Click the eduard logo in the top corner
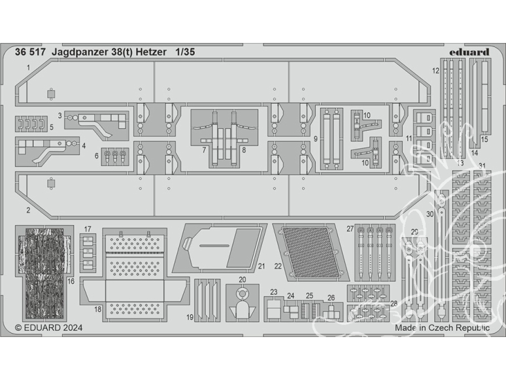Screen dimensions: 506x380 [469, 52]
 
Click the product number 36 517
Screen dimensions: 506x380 [30, 52]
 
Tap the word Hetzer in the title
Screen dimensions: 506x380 [154, 52]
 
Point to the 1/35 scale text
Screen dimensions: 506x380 [185, 52]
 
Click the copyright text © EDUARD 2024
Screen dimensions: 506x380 [49, 328]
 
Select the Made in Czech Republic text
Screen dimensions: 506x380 [443, 328]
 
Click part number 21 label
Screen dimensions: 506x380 [261, 266]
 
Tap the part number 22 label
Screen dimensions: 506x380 [278, 266]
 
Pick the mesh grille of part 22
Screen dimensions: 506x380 [311, 252]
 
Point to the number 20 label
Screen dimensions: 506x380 [242, 279]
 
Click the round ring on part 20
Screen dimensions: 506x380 [242, 294]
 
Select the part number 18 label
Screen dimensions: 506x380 [98, 309]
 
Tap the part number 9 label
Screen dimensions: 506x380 [315, 139]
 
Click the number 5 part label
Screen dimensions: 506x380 [51, 127]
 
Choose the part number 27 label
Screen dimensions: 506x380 [350, 229]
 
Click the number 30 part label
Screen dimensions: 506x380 [430, 215]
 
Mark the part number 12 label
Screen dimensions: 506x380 [435, 71]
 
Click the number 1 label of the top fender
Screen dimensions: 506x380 [29, 67]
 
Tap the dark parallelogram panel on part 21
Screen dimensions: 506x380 [243, 248]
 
